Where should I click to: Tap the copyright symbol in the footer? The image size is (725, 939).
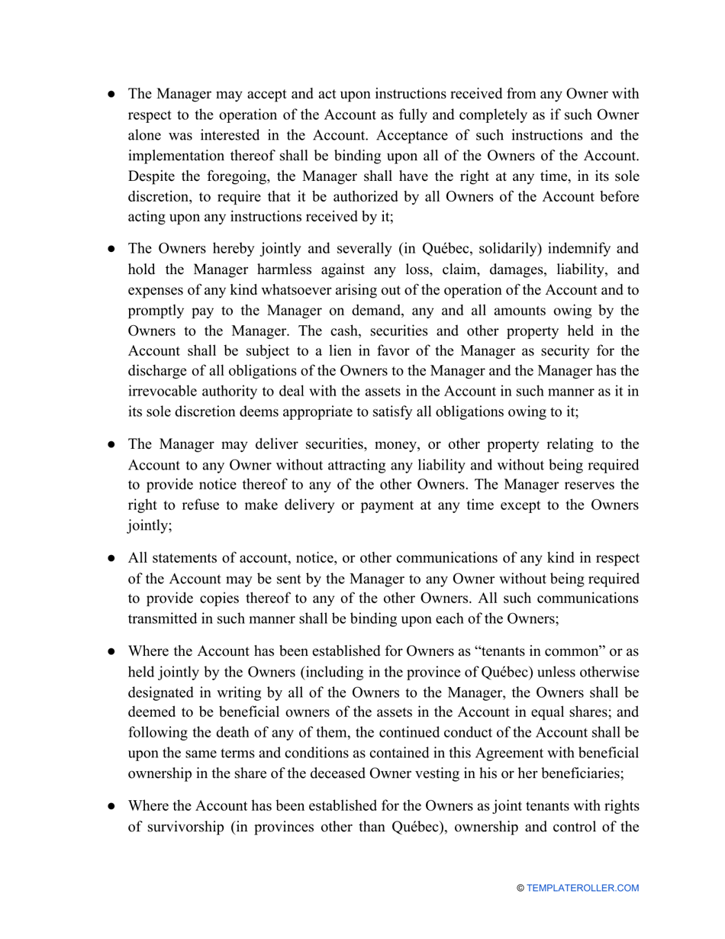pos(520,888)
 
